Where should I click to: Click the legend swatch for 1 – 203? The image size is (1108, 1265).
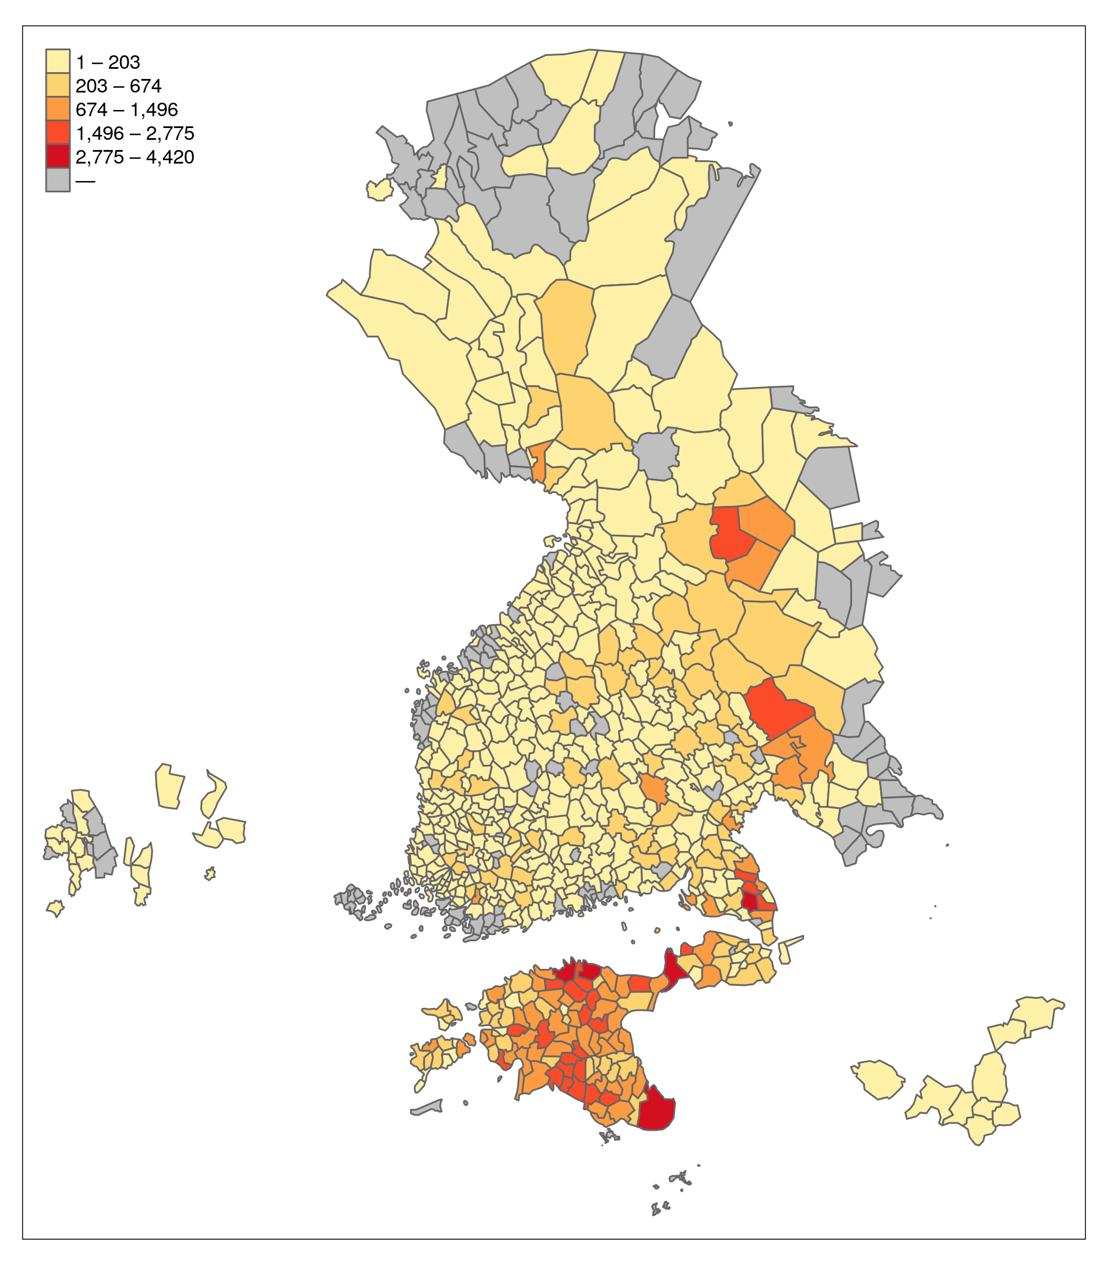point(58,62)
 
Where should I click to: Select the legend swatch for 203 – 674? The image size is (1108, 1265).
point(58,85)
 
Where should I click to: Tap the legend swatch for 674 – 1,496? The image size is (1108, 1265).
point(58,109)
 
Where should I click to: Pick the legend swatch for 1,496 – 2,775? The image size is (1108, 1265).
point(58,133)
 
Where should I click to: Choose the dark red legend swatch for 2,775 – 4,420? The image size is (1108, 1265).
point(58,156)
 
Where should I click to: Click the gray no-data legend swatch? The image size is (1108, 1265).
point(58,180)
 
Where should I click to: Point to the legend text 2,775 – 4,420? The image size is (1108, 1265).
point(135,157)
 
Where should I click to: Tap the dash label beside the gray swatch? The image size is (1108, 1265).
point(85,181)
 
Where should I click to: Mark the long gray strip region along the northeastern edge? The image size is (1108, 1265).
point(711,235)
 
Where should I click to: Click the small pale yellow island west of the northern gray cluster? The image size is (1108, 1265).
point(379,190)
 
